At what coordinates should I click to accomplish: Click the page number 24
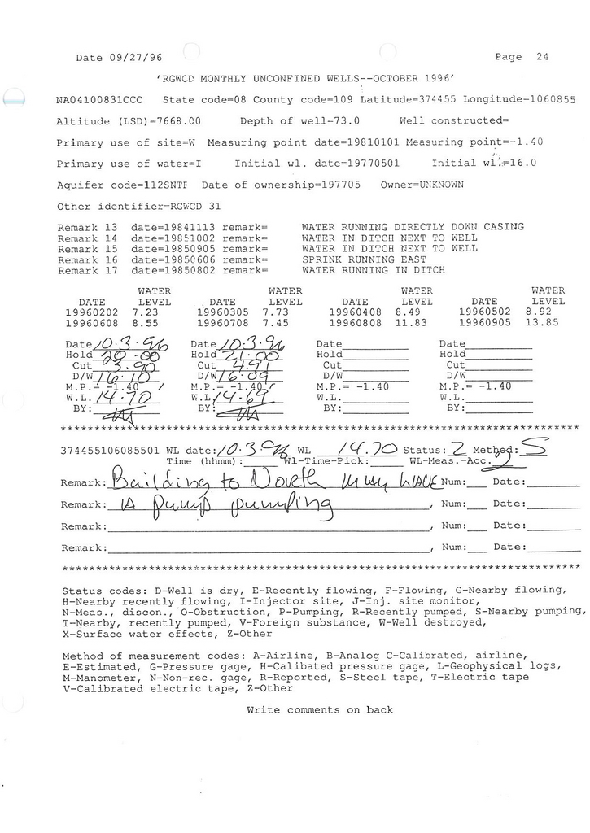[543, 57]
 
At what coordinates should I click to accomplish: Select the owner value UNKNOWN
[437, 185]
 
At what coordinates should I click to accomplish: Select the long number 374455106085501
[111, 449]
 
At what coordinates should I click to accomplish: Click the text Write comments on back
[319, 710]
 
